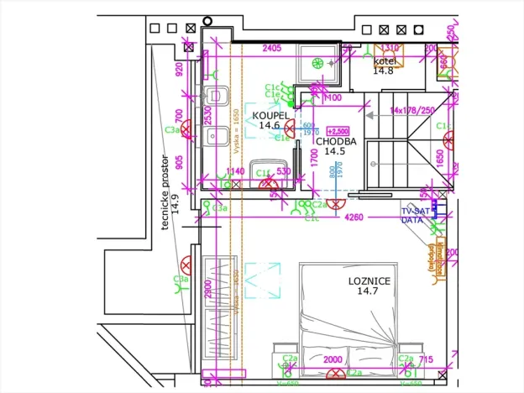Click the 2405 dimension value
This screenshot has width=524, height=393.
pos(271,49)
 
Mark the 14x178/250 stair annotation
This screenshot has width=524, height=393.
pos(412,110)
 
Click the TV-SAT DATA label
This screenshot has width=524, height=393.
pos(413,215)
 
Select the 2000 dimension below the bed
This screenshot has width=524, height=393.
pos(333,359)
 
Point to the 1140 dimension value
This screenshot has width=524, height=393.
pos(236,172)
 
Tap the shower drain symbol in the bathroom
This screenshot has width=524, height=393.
pos(317,63)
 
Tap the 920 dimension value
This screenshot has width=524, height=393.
pos(178,69)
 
